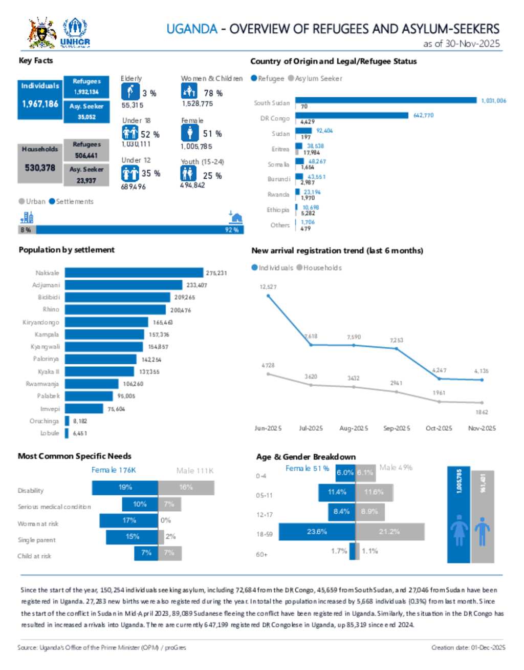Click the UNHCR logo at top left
75,33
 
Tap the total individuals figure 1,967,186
40,104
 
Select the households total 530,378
40,167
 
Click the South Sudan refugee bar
386,100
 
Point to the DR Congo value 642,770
423,115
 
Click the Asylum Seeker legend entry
315,78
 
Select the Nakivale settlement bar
134,273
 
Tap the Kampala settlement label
47,334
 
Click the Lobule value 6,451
80,433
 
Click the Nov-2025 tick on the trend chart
482,428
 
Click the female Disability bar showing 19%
125,488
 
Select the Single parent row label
36,540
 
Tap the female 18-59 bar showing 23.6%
317,532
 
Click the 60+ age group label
261,554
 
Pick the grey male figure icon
482,531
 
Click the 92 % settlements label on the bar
231,230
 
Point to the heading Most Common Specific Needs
75,456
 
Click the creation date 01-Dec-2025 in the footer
468,647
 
